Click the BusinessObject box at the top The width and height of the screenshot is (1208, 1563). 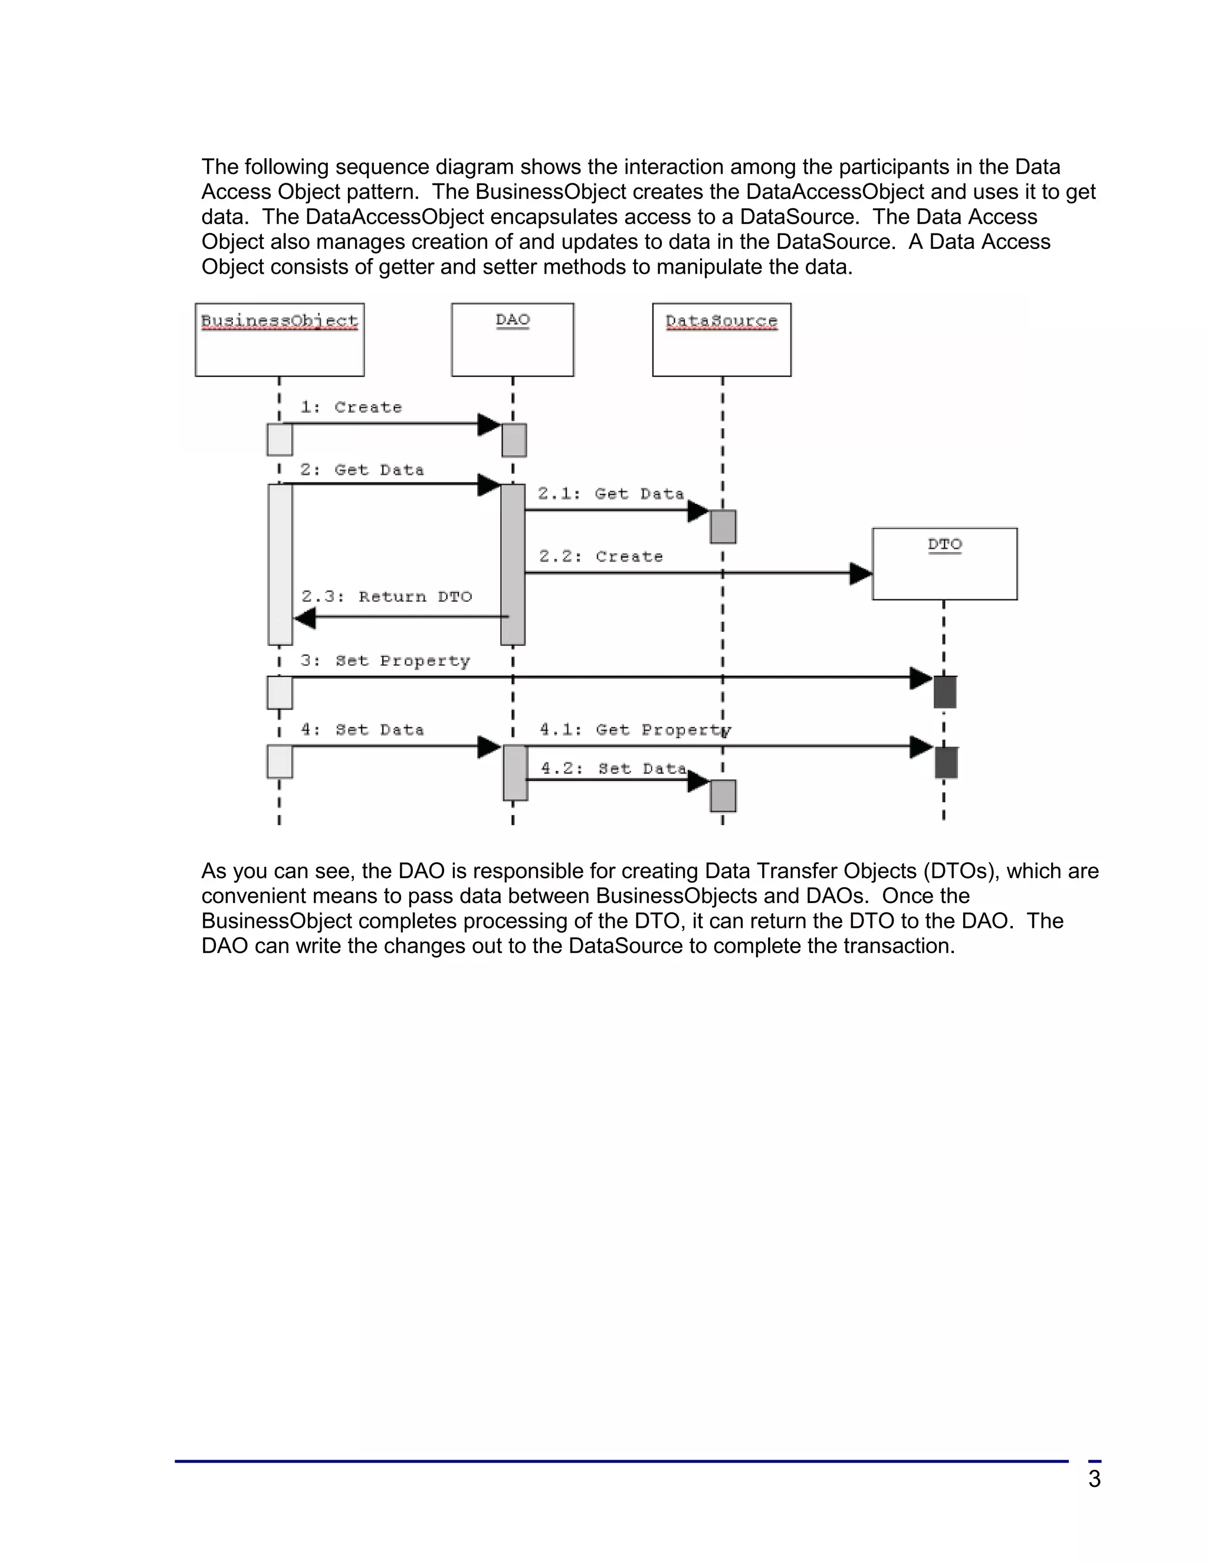point(279,340)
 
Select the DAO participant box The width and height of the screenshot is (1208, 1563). point(513,340)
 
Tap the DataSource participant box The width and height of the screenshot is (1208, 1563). point(721,340)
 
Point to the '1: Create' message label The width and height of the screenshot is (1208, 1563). point(351,407)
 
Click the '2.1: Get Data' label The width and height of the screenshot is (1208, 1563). point(610,494)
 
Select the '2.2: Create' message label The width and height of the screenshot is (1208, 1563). point(600,557)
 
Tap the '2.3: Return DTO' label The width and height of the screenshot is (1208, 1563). point(386,597)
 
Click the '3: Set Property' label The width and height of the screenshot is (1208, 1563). point(385,661)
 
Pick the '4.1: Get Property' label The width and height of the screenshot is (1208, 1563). point(635,730)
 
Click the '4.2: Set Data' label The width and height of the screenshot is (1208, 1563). point(613,769)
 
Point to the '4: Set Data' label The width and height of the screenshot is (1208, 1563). point(362,730)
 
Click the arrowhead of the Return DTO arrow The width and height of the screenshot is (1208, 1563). point(305,618)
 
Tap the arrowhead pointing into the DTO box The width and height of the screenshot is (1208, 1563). point(860,573)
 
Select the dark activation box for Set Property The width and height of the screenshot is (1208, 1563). point(945,692)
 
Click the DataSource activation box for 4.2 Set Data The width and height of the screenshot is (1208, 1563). point(723,796)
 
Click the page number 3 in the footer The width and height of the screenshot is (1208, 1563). point(1094,1479)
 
